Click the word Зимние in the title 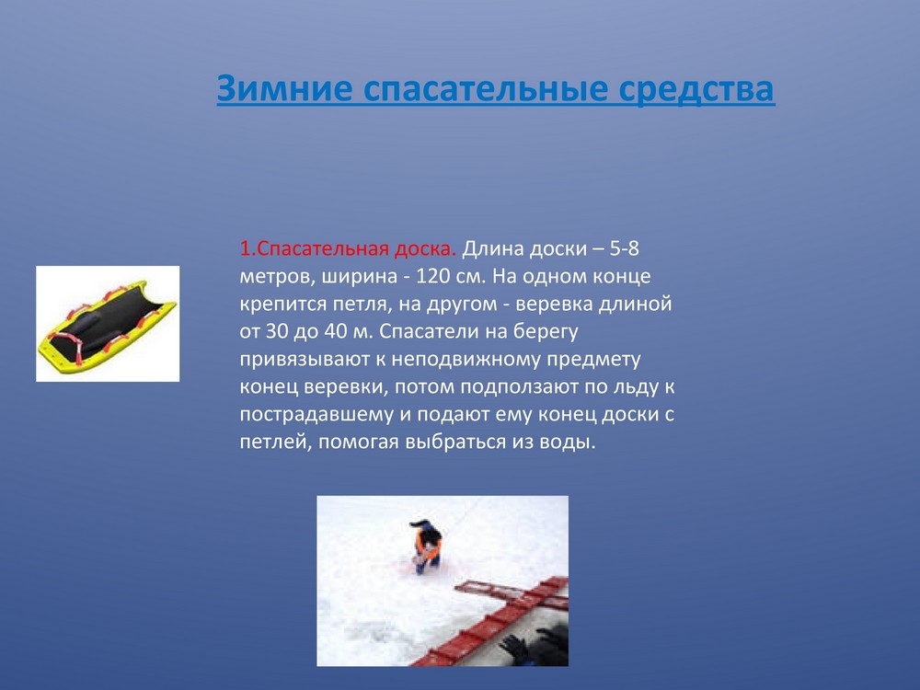pyautogui.click(x=284, y=88)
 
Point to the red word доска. pyautogui.click(x=424, y=248)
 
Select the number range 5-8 pyautogui.click(x=625, y=248)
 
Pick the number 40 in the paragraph pyautogui.click(x=336, y=331)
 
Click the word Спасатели pyautogui.click(x=438, y=331)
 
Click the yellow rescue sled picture pyautogui.click(x=108, y=324)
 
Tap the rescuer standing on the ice pyautogui.click(x=428, y=546)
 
